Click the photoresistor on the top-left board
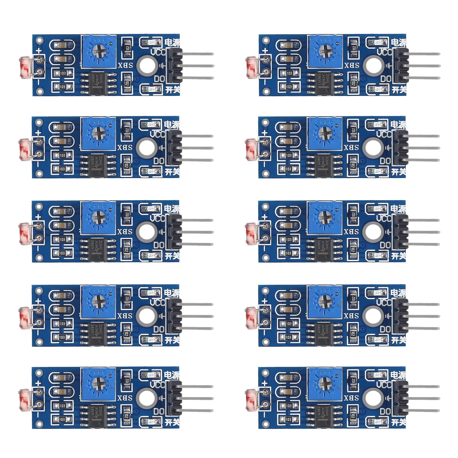26,66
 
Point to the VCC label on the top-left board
158,52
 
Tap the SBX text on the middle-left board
125,231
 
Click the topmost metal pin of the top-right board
424,54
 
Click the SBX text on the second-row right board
352,147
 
